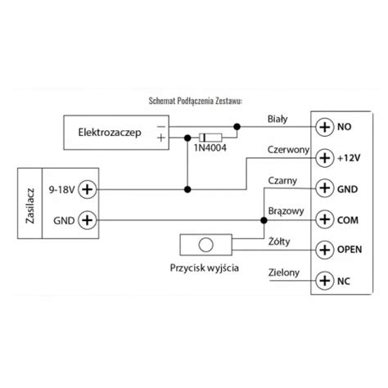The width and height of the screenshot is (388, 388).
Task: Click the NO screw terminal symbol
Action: coord(325,127)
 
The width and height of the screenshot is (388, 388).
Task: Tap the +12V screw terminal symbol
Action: coord(325,158)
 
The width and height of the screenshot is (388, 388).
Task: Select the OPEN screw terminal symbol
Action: coord(325,250)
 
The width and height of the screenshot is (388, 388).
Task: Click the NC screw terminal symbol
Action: coord(325,281)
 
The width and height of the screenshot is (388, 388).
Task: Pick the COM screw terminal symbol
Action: coord(325,219)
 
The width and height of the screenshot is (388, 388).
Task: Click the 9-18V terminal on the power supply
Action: coord(88,189)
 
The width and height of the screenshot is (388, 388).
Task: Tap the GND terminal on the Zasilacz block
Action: coord(88,220)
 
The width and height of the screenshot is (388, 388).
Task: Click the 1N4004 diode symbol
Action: coord(210,138)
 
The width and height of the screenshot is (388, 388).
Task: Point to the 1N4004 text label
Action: coord(210,148)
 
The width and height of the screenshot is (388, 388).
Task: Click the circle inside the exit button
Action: coord(206,245)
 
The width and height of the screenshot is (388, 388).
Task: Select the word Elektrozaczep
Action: coord(110,133)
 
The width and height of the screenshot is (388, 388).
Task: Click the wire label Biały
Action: coord(277,120)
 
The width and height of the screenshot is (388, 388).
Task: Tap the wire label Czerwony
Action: coord(288,150)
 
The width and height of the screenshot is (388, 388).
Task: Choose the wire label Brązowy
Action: coord(286,211)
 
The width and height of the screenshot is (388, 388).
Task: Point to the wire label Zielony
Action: coord(284,273)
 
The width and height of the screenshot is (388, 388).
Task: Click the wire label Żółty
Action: coord(279,241)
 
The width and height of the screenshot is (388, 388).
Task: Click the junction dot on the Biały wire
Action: coord(237,127)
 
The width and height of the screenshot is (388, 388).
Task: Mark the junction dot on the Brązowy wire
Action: coord(264,220)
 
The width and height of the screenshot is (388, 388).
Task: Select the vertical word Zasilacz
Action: coord(30,206)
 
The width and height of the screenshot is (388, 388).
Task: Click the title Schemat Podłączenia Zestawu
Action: coord(196,101)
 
